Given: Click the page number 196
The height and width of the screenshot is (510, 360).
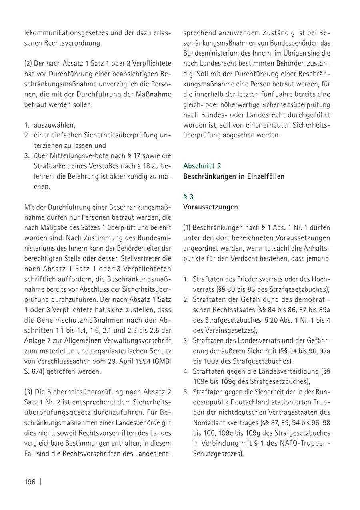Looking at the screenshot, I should click(30, 481).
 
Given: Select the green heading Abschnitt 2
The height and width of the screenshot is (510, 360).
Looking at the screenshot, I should click(202, 166).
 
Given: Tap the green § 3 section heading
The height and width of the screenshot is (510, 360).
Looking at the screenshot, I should click(188, 197).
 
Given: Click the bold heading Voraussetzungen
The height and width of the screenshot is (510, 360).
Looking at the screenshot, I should click(210, 207).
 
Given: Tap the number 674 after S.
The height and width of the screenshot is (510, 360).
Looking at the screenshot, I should click(39, 371).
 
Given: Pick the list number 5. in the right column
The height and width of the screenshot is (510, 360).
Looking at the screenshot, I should click(186, 392).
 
